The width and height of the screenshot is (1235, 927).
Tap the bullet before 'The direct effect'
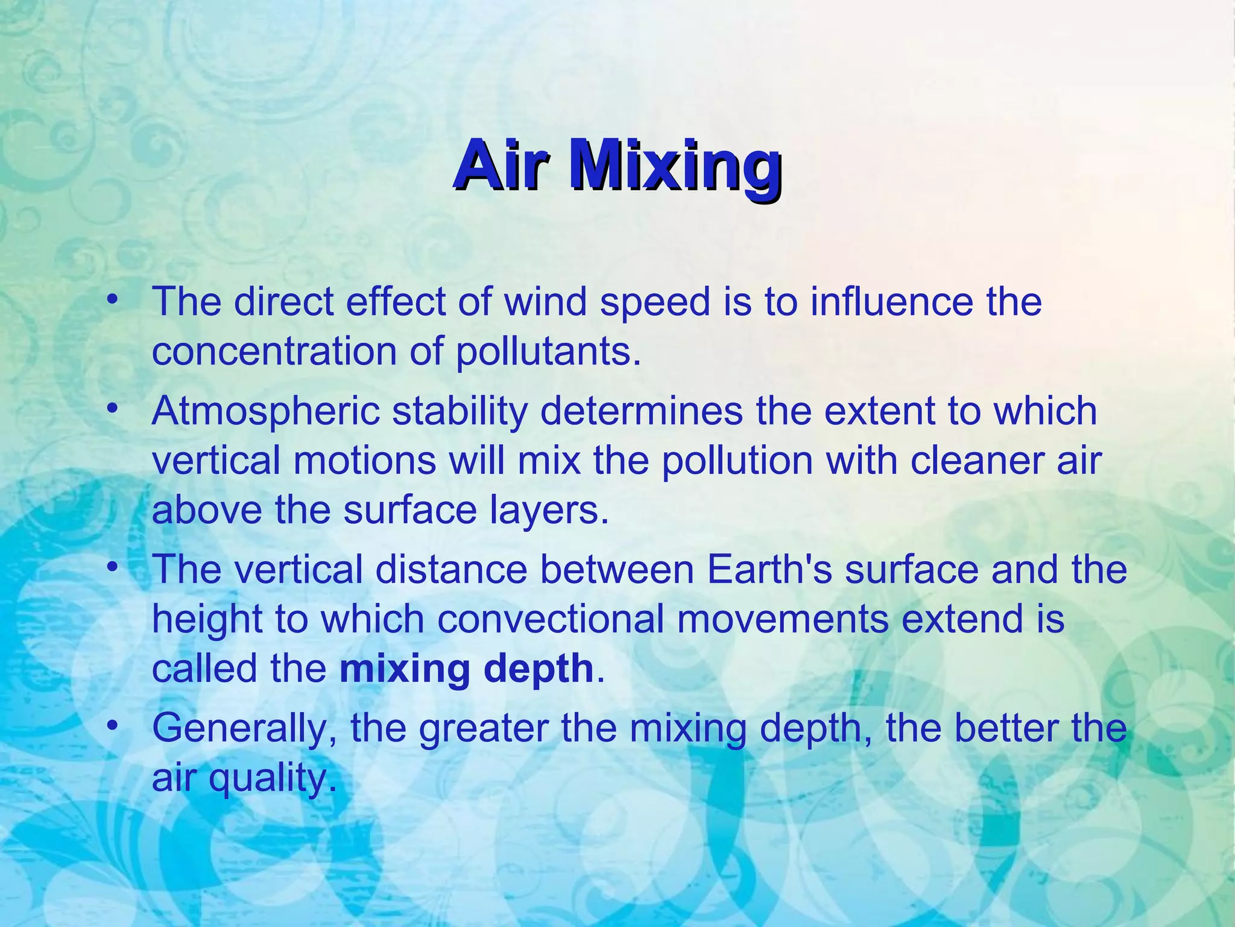(x=111, y=301)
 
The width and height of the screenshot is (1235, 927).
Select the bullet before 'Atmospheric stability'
(x=111, y=410)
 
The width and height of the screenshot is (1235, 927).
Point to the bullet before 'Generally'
(x=111, y=727)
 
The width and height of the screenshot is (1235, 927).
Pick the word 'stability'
(x=460, y=412)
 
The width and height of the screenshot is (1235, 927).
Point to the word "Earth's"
(x=770, y=569)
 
